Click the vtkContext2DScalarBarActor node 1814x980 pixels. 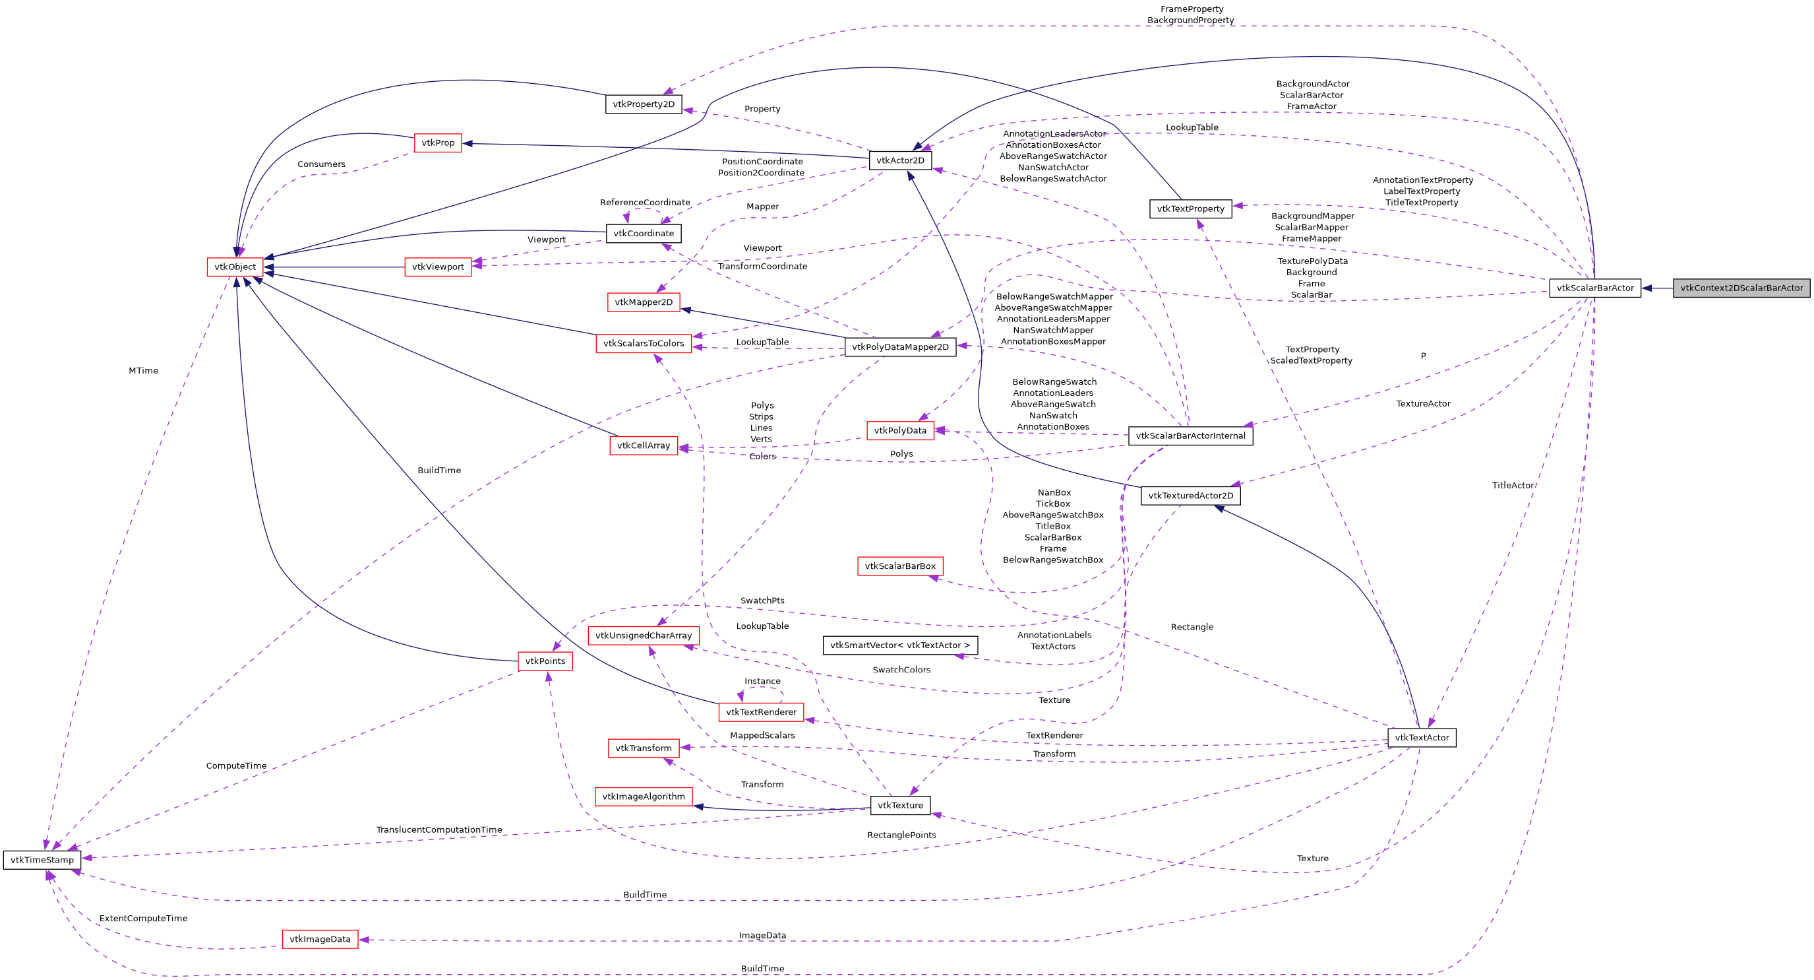pyautogui.click(x=1741, y=288)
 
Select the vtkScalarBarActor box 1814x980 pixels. pyautogui.click(x=1594, y=288)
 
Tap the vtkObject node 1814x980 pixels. pyautogui.click(x=235, y=267)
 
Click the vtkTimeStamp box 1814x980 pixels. pyautogui.click(x=42, y=859)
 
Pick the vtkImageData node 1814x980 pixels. pyautogui.click(x=320, y=939)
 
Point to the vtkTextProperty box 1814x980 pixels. pyautogui.click(x=1190, y=209)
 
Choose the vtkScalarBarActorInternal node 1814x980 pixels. pyautogui.click(x=1190, y=436)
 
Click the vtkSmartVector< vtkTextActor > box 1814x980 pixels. pyautogui.click(x=900, y=645)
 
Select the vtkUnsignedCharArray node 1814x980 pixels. pyautogui.click(x=644, y=636)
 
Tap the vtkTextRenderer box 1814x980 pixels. pyautogui.click(x=760, y=711)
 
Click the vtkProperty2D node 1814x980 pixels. pyautogui.click(x=644, y=104)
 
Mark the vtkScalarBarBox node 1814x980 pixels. pyautogui.click(x=900, y=566)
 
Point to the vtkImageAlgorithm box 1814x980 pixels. pyautogui.click(x=644, y=796)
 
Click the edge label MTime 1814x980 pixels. pyautogui.click(x=144, y=371)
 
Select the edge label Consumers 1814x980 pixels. pyautogui.click(x=321, y=164)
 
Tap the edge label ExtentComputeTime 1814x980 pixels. pyautogui.click(x=144, y=918)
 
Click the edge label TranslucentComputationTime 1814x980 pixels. pyautogui.click(x=438, y=830)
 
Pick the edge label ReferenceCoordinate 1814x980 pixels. pyautogui.click(x=645, y=202)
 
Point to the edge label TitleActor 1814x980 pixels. pyautogui.click(x=1513, y=486)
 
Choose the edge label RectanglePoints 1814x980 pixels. pyautogui.click(x=901, y=835)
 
